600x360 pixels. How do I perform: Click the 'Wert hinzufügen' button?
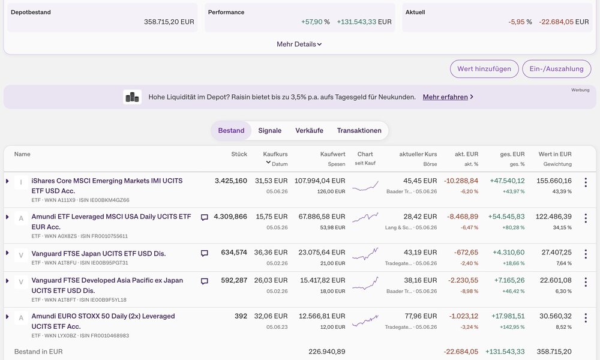[484, 69]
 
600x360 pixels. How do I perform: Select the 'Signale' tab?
[270, 130]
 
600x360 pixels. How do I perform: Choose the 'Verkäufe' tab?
[309, 130]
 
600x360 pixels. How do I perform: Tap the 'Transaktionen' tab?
[359, 130]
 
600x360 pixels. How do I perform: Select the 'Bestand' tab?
[231, 130]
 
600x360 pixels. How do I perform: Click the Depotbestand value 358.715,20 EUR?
[169, 22]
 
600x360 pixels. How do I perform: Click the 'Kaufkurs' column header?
[275, 154]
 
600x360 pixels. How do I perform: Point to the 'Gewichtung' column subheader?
[557, 164]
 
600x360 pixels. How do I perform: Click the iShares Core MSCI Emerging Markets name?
[107, 185]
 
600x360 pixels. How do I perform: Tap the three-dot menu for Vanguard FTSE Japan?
[586, 254]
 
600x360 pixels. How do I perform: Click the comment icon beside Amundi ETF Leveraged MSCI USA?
[205, 217]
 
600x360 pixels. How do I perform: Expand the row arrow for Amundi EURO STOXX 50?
[7, 317]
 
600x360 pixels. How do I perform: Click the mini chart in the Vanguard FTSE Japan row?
[365, 254]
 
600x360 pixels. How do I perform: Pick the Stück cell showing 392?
[241, 316]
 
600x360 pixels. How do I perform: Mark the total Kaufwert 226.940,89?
[327, 352]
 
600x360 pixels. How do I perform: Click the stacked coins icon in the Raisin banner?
[133, 97]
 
